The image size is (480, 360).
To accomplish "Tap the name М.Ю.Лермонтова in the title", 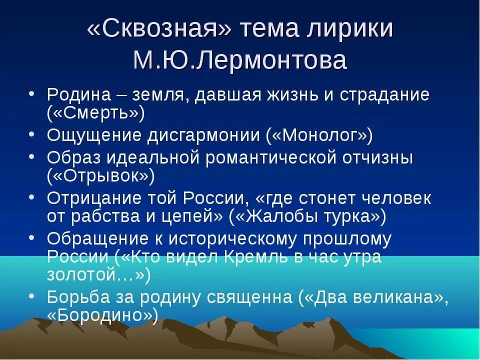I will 239,60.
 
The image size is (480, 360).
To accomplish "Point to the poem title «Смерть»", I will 95,113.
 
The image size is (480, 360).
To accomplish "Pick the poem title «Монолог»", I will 319,135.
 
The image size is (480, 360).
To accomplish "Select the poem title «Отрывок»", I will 100,175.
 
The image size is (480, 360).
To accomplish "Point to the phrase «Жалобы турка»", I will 307,216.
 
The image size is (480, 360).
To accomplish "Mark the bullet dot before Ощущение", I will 31,133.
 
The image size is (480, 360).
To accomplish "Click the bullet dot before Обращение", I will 31,237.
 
